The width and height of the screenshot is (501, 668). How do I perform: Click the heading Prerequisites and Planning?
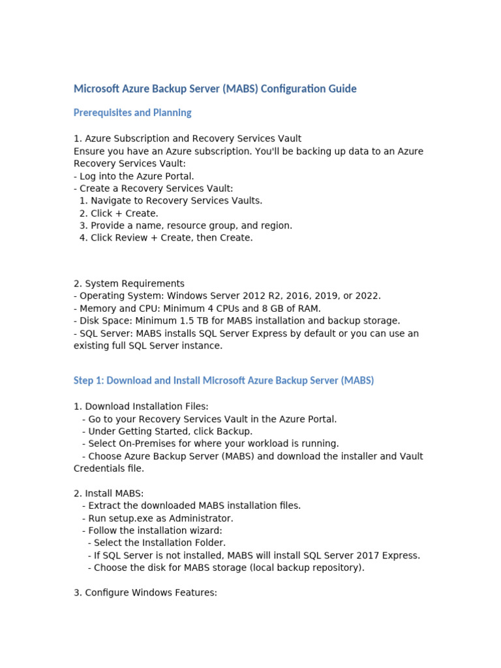(132, 113)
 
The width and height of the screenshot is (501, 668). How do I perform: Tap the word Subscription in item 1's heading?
(153, 138)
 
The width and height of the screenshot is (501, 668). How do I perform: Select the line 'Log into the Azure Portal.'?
(136, 176)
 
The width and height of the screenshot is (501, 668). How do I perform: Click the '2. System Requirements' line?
(129, 284)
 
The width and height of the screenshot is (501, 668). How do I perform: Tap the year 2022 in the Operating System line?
(367, 296)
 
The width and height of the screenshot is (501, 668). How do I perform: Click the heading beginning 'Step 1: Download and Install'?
(224, 380)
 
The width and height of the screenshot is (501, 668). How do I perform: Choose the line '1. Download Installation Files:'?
(141, 406)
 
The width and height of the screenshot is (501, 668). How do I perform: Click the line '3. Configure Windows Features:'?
(145, 593)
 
